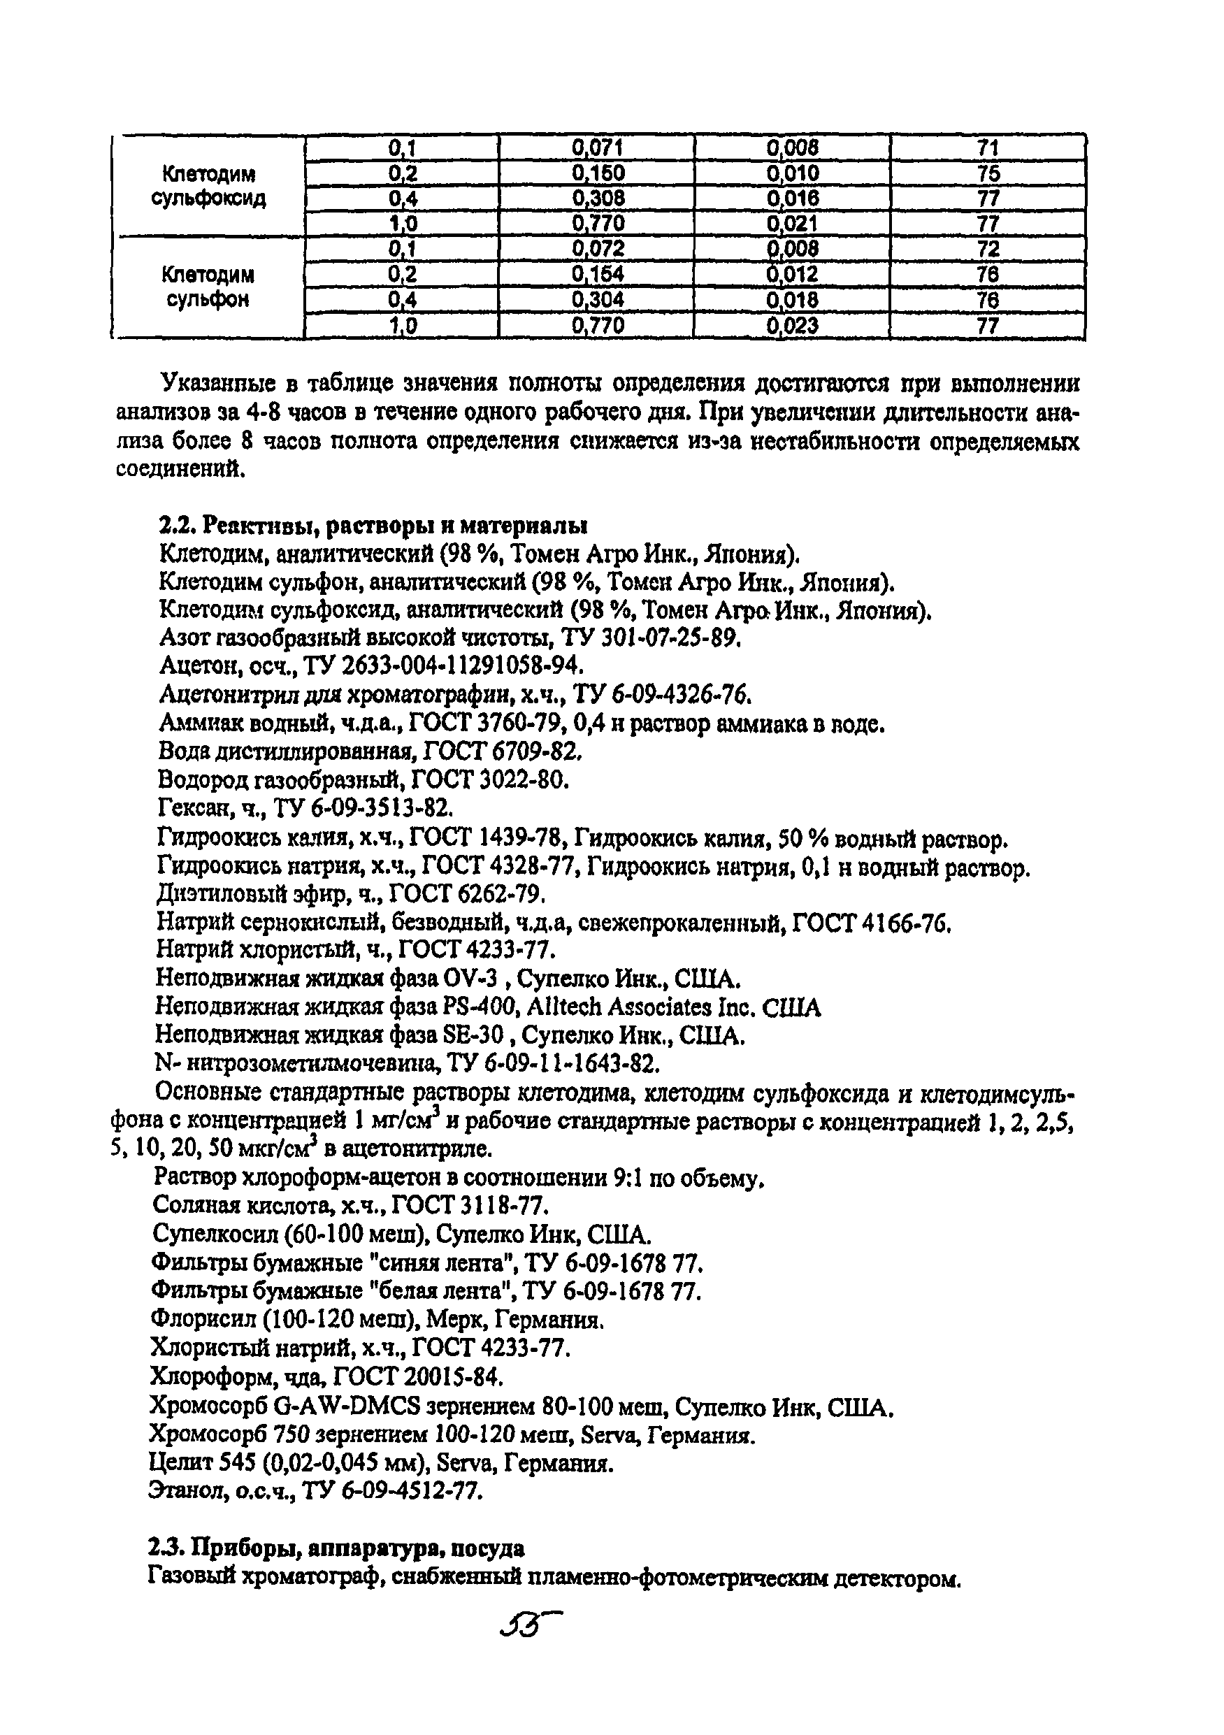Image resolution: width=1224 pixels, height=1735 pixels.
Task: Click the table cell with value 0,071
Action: pos(597,147)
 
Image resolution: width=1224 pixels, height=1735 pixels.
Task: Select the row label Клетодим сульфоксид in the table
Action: pos(208,187)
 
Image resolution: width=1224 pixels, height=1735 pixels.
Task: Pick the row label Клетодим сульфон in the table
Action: pos(208,287)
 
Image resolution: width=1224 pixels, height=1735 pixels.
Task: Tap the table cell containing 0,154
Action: pos(597,274)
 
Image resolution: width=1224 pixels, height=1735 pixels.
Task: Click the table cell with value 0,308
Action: pos(597,199)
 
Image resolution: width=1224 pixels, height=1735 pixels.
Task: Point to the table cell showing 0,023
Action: pos(792,326)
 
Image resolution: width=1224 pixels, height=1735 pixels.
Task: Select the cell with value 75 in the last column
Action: pos(988,174)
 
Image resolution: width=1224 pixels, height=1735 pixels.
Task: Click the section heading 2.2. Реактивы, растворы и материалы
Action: pos(374,524)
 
